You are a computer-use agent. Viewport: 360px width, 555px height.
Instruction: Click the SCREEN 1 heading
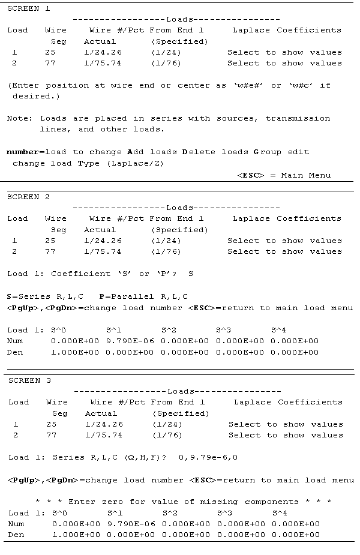click(28, 8)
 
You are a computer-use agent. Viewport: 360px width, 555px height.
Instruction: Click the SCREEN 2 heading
click(28, 197)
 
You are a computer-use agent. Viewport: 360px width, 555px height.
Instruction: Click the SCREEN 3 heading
click(29, 380)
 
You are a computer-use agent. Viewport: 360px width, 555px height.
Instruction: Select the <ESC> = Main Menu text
click(283, 175)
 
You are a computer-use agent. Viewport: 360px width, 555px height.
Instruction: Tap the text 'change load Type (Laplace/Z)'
click(88, 163)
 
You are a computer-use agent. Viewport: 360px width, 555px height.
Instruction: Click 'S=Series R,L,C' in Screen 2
click(46, 296)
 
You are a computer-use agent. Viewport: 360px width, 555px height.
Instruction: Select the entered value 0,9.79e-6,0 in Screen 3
click(208, 457)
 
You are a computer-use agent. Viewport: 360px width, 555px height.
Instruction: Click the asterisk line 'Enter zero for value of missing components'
click(183, 502)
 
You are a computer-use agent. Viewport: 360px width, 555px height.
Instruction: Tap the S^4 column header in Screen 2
click(278, 329)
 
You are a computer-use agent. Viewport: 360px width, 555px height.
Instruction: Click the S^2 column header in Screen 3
click(170, 513)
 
